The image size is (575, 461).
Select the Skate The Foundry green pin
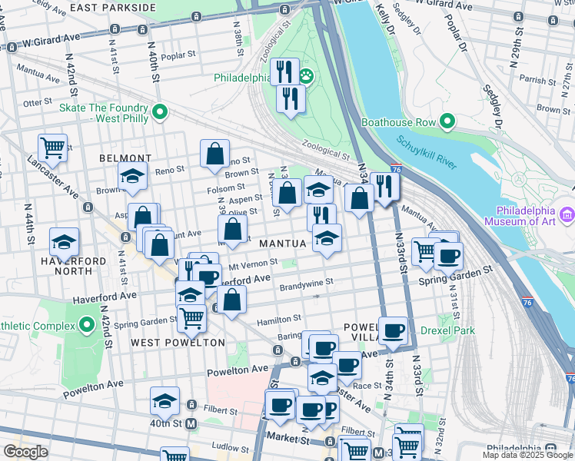point(160,112)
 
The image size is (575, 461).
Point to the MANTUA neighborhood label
point(284,244)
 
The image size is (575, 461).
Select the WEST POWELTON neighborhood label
point(178,342)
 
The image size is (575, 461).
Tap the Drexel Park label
point(447,331)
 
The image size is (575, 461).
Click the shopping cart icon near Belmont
point(52,146)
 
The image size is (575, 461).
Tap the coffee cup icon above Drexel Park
point(393,330)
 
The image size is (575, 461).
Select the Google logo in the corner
point(25,451)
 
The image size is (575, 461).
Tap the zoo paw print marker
point(306,75)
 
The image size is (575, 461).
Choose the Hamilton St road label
point(278,318)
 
